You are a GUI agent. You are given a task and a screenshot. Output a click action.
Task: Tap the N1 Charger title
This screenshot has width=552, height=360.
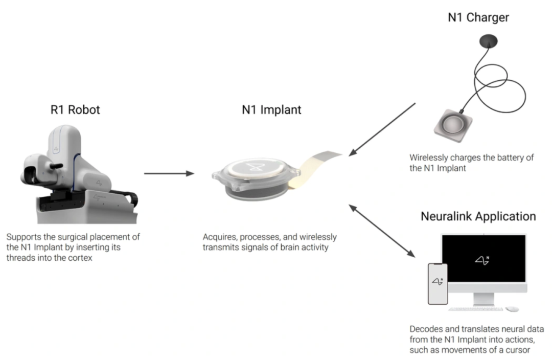478,17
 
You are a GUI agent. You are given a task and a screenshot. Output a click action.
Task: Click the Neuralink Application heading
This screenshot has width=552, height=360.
478,216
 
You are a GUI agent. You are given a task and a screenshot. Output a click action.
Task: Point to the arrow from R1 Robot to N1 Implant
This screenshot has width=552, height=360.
169,173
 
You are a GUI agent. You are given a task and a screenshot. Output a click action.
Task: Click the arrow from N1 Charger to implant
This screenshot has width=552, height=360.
382,128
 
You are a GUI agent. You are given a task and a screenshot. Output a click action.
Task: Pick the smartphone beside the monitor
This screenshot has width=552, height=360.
438,284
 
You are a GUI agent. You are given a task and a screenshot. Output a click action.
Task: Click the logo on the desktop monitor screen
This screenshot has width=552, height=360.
482,259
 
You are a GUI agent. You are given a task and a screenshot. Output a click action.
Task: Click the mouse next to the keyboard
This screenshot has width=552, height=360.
512,309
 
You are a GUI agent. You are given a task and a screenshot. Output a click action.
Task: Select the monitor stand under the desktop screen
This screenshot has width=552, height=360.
484,298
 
